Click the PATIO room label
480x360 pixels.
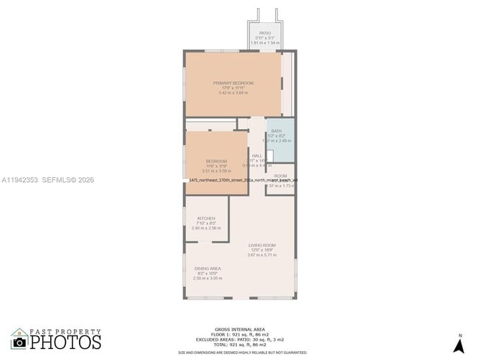click(265, 33)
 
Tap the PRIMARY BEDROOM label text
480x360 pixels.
click(233, 83)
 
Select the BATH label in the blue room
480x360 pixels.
click(276, 131)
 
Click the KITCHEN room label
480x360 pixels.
click(206, 218)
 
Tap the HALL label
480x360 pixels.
click(257, 156)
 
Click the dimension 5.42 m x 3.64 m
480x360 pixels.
click(233, 93)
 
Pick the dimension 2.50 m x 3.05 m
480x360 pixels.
click(206, 278)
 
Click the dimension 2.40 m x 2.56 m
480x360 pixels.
click(206, 228)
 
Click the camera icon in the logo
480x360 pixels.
click(19, 342)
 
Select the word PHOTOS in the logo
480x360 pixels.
click(66, 342)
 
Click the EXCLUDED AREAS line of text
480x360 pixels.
click(241, 340)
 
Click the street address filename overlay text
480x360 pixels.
click(244, 179)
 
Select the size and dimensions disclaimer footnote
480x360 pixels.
click(241, 353)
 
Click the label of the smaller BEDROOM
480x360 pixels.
click(216, 161)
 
